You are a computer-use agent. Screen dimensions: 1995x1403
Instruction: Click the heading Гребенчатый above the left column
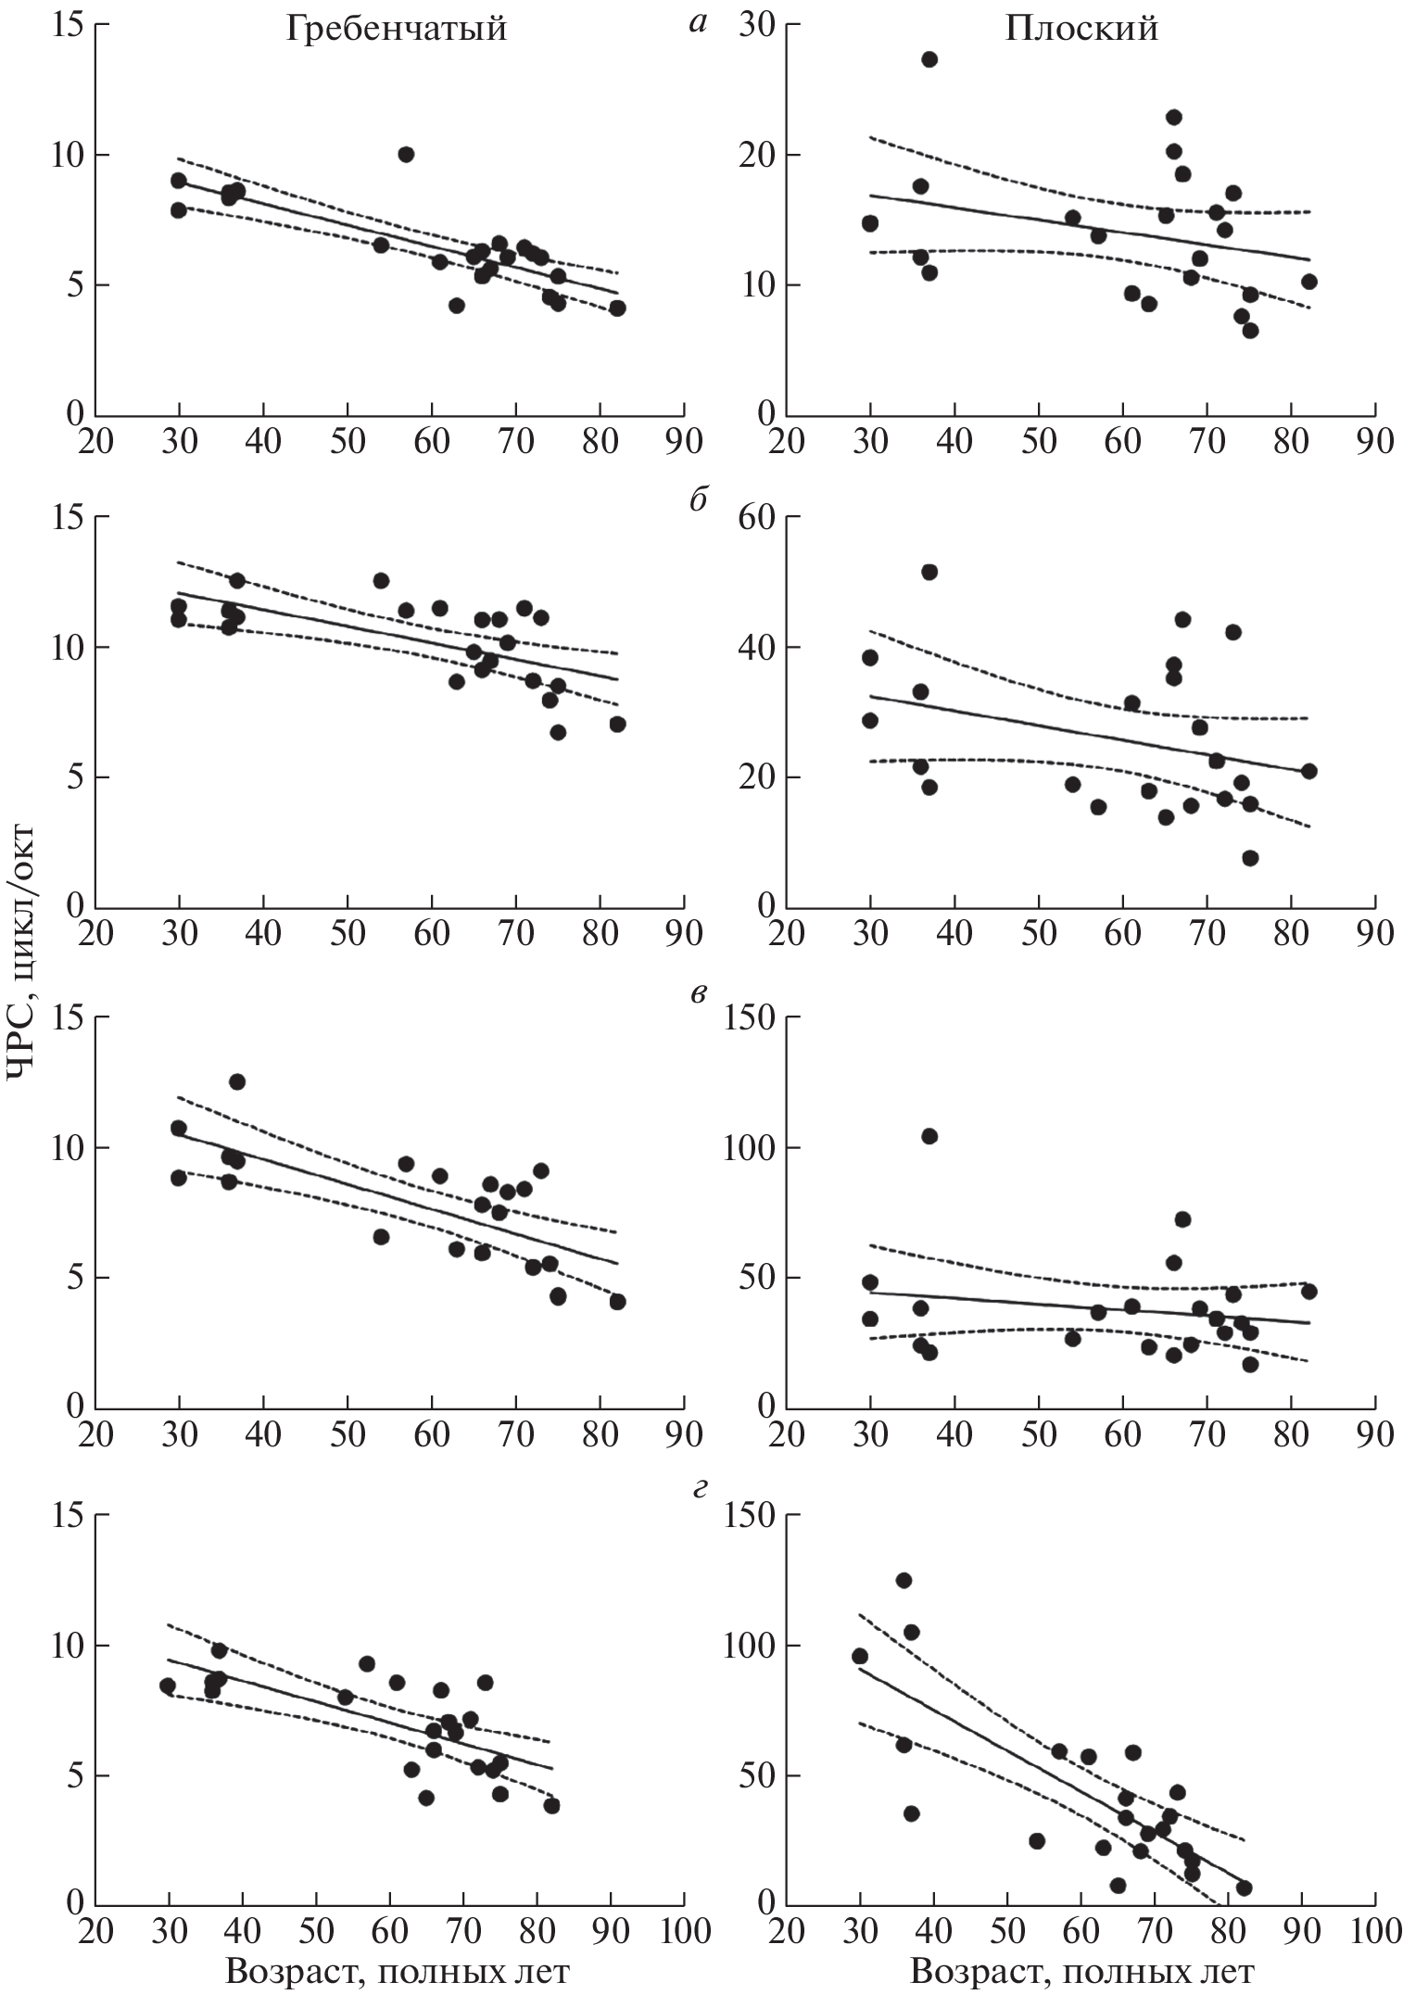point(396,30)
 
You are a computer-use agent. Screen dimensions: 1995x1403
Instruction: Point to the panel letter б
point(698,500)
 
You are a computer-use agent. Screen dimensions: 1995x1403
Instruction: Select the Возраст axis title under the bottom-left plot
point(397,1971)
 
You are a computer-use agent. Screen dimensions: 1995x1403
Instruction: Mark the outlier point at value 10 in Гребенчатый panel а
point(406,155)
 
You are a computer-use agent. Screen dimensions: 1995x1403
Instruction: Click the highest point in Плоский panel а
point(929,59)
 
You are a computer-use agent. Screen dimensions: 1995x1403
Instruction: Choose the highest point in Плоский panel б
point(929,572)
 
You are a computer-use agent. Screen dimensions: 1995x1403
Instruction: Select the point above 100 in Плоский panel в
point(929,1136)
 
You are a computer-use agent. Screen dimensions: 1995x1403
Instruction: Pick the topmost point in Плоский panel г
point(904,1580)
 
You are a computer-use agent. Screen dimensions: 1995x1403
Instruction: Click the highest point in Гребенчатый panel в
point(237,1081)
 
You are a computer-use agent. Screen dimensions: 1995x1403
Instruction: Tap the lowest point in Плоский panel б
point(1250,858)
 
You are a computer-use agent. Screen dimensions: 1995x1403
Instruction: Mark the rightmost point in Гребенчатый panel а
point(617,309)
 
